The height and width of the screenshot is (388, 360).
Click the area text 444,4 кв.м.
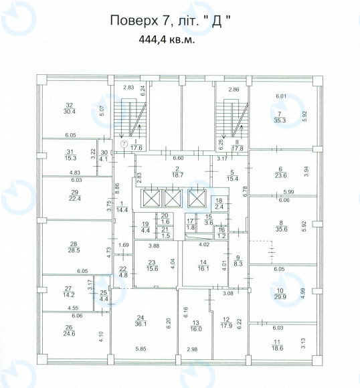tap(167, 39)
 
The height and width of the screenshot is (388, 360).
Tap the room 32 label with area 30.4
tap(70, 108)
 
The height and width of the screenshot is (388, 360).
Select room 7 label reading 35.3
tap(280, 117)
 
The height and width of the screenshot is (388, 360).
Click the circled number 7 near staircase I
tap(124, 144)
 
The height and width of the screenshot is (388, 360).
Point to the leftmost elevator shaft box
tap(151, 198)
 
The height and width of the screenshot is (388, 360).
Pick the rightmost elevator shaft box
tap(197, 198)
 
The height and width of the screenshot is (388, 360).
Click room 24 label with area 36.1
tap(140, 321)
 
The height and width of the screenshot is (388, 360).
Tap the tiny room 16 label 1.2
tap(221, 233)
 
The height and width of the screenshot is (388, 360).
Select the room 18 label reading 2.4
tap(219, 203)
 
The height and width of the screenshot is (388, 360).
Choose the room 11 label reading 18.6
tap(277, 345)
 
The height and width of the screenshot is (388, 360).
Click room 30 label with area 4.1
tap(104, 156)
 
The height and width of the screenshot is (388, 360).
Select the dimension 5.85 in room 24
tap(141, 349)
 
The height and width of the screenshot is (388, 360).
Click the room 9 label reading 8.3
tap(238, 261)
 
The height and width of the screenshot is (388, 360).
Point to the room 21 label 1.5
tap(165, 233)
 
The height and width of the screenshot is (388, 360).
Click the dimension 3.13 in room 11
tap(304, 343)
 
